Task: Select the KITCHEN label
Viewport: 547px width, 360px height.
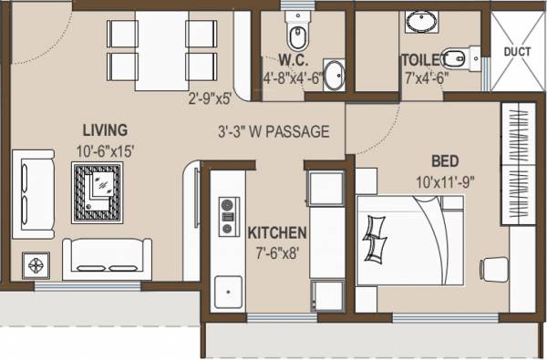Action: pos(276,233)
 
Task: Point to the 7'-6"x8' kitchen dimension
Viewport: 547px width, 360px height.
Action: pos(279,252)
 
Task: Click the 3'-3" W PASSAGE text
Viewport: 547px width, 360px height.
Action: pos(273,131)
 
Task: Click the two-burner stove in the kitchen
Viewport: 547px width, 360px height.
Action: pos(226,217)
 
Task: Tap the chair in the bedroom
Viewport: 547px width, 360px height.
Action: pos(493,271)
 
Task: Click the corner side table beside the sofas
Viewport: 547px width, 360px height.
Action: pos(36,265)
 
